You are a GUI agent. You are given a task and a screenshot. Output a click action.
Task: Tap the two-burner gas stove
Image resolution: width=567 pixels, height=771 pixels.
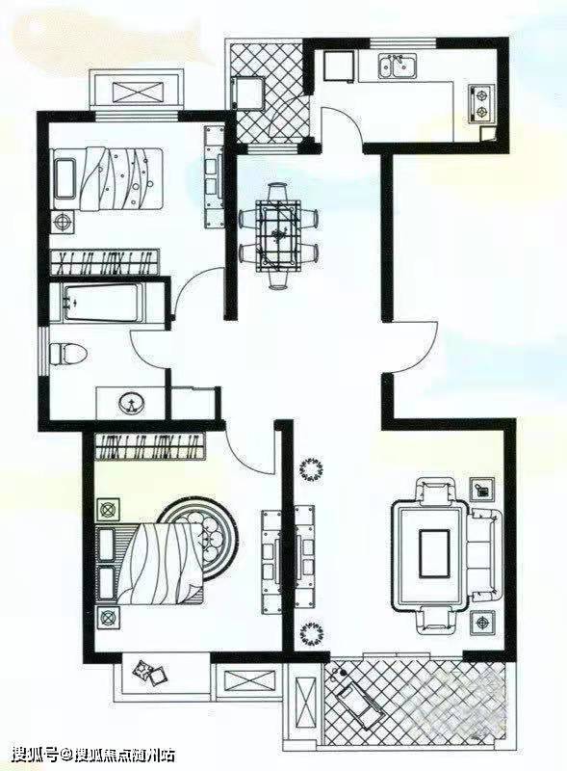pyautogui.click(x=480, y=104)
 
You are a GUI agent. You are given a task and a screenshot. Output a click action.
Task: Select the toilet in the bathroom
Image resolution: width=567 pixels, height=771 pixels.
pyautogui.click(x=68, y=354)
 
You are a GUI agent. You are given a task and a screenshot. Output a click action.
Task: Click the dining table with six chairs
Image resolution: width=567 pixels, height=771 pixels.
pyautogui.click(x=278, y=235)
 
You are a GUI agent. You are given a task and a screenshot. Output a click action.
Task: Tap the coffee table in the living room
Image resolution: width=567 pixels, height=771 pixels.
pyautogui.click(x=434, y=553)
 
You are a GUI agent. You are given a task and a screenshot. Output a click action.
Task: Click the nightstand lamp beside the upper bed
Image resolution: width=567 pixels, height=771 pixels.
pyautogui.click(x=64, y=222)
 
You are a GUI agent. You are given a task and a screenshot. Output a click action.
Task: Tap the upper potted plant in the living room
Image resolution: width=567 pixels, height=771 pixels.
pyautogui.click(x=311, y=469)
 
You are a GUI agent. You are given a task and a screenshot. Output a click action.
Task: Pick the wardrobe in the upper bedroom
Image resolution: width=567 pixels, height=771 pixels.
pyautogui.click(x=105, y=262)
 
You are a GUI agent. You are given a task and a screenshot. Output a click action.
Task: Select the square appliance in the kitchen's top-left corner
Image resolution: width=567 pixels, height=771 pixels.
pyautogui.click(x=339, y=66)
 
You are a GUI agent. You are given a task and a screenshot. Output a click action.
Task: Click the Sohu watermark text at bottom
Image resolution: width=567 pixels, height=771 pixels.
pyautogui.click(x=92, y=755)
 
